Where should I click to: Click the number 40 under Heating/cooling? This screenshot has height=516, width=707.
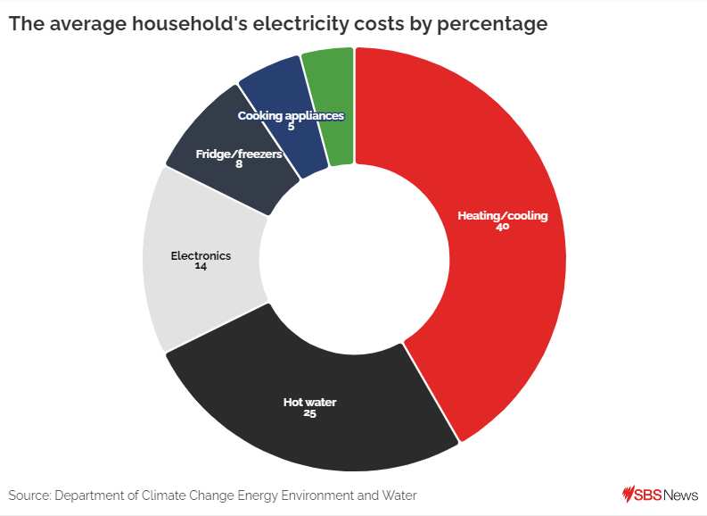click(502, 228)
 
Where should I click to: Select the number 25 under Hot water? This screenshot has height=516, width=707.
click(309, 414)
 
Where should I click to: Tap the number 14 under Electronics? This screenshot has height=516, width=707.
click(201, 266)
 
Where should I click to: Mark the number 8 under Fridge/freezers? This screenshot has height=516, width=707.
click(239, 164)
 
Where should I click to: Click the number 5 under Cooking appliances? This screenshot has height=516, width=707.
click(291, 127)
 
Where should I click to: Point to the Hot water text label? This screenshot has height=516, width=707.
click(309, 403)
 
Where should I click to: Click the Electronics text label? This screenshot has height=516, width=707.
click(201, 255)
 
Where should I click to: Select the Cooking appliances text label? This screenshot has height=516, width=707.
click(291, 116)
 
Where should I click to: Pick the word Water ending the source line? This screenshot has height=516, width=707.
click(399, 495)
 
